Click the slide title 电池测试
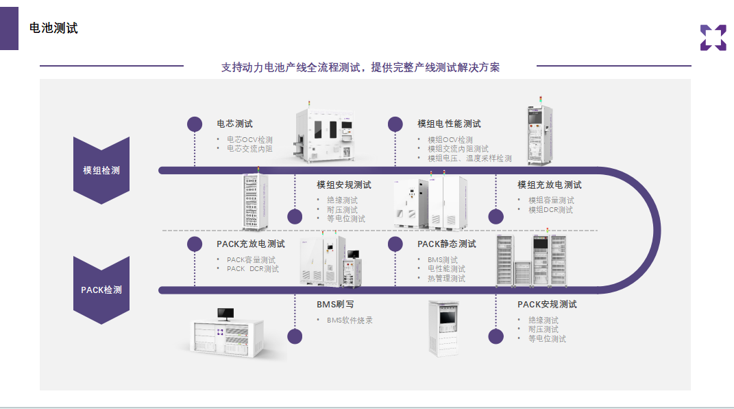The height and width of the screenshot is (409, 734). pyautogui.click(x=53, y=29)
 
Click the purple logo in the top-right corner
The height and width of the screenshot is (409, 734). pyautogui.click(x=713, y=38)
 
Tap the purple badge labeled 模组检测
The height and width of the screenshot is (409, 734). pyautogui.click(x=101, y=170)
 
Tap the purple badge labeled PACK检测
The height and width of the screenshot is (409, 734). pyautogui.click(x=101, y=290)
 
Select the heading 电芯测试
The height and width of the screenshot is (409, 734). pyautogui.click(x=235, y=124)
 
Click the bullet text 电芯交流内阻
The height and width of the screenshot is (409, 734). pyautogui.click(x=249, y=149)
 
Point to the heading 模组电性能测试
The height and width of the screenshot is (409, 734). pyautogui.click(x=449, y=124)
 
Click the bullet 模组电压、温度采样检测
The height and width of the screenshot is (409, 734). pyautogui.click(x=469, y=159)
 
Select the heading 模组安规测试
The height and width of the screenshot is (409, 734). pyautogui.click(x=344, y=185)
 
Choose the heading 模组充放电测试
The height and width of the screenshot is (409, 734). pyautogui.click(x=550, y=185)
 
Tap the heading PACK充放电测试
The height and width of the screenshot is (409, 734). pyautogui.click(x=251, y=244)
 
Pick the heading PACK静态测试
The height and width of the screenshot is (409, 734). pyautogui.click(x=447, y=244)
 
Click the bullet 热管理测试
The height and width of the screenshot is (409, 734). pyautogui.click(x=446, y=279)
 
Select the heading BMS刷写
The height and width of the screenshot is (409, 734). pyautogui.click(x=335, y=305)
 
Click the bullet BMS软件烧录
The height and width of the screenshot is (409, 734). pyautogui.click(x=350, y=320)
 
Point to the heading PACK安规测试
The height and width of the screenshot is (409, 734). pyautogui.click(x=547, y=305)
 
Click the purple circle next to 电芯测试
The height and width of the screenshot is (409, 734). pyautogui.click(x=195, y=124)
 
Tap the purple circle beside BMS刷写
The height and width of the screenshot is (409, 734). pyautogui.click(x=295, y=336)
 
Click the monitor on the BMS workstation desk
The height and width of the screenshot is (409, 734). pyautogui.click(x=225, y=314)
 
